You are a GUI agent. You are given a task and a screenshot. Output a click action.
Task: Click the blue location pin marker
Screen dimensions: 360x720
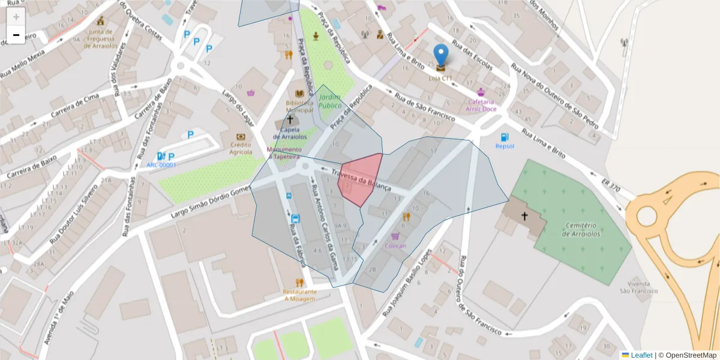(440, 56)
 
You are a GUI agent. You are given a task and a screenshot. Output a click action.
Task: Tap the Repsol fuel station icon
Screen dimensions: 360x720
(505, 137)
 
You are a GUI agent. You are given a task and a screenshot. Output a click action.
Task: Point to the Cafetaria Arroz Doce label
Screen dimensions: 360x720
(481, 105)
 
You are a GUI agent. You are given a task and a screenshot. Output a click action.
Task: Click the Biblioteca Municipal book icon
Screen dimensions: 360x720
(299, 94)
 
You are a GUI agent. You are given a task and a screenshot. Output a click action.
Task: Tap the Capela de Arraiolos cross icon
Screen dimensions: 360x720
(290, 120)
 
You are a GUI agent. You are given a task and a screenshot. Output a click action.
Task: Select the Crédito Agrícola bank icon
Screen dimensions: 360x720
(241, 137)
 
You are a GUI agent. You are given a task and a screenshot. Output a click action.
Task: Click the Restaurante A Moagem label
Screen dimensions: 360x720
(299, 295)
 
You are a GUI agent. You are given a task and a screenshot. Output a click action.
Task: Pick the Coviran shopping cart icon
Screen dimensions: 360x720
(394, 236)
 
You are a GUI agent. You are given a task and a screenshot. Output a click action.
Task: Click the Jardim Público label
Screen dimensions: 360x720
(330, 101)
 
